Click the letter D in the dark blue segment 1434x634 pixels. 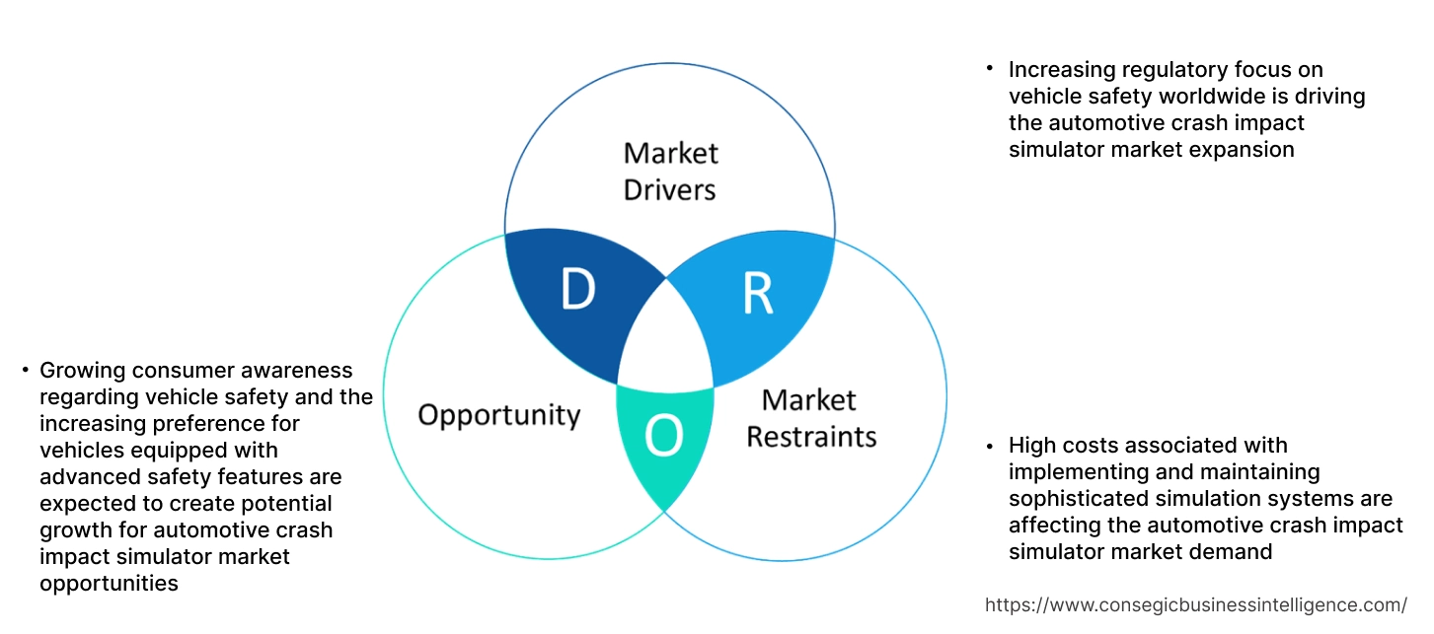pos(577,290)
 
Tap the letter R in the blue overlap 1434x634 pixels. pos(757,295)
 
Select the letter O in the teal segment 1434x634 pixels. pos(663,437)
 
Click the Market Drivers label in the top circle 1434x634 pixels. pos(670,171)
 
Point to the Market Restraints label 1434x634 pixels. pos(810,417)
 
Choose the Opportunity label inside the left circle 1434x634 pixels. pos(498,414)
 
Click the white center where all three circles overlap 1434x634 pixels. pos(666,340)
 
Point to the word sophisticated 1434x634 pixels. pos(1073,499)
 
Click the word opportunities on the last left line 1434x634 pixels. pos(109,584)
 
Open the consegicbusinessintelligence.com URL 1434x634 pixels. pos(1196,604)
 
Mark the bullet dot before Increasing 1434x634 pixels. pos(989,68)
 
